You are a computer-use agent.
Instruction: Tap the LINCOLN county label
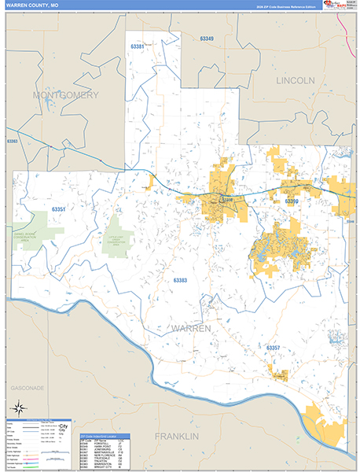click(295, 80)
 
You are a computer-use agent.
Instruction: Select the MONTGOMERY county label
click(66, 94)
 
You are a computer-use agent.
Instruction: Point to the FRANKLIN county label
click(177, 436)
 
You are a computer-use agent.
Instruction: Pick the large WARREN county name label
click(190, 327)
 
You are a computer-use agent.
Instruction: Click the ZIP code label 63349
click(207, 39)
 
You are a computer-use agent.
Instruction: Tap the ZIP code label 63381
click(138, 46)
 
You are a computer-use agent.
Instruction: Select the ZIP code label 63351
click(58, 209)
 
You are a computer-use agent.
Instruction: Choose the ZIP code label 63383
click(181, 281)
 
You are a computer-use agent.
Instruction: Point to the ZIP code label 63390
click(292, 202)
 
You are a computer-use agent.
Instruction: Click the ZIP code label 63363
click(12, 142)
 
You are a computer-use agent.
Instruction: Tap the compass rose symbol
click(17, 407)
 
